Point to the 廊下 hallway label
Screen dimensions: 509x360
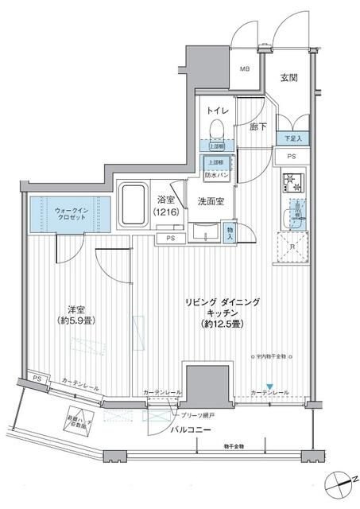[256, 125]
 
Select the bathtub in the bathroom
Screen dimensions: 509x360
[130, 207]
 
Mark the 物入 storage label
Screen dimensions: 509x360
[230, 233]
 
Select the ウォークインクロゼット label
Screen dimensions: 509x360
[66, 215]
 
